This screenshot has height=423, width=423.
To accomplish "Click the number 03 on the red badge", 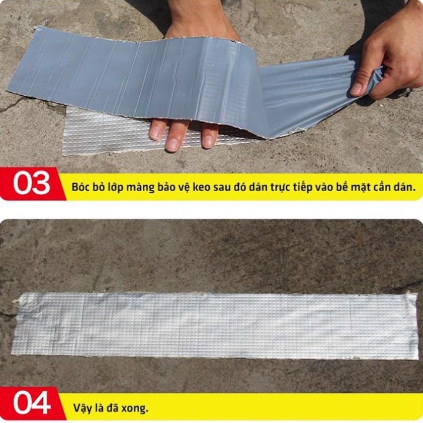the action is click(32, 183).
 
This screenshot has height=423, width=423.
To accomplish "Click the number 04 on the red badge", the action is click(32, 403).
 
